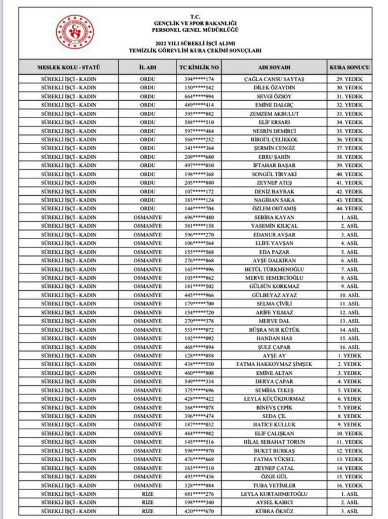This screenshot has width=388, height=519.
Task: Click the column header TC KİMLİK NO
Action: (199, 67)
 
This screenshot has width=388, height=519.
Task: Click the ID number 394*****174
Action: (199, 79)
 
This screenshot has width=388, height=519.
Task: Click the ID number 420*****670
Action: (199, 511)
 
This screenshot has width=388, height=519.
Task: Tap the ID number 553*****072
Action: (199, 330)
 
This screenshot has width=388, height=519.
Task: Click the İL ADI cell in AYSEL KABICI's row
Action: (148, 503)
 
